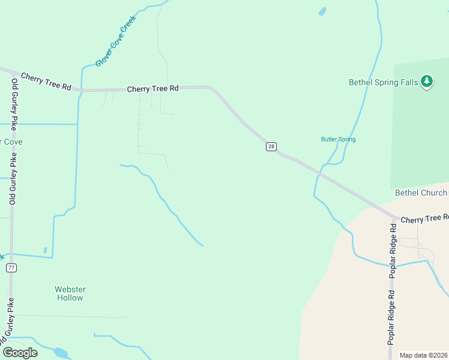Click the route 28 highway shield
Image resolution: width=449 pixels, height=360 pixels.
click(x=271, y=146)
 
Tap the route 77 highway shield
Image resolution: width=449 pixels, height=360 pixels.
click(x=11, y=268)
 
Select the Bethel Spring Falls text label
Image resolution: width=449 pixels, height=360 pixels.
click(x=384, y=82)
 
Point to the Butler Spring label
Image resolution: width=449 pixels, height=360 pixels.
click(x=338, y=139)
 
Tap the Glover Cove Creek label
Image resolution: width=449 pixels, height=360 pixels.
click(x=116, y=41)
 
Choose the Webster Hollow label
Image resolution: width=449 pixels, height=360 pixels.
click(x=70, y=293)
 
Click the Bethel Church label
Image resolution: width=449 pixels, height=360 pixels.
click(x=421, y=193)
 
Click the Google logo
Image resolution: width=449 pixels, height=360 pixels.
click(x=20, y=352)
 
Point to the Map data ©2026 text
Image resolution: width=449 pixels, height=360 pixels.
click(x=423, y=355)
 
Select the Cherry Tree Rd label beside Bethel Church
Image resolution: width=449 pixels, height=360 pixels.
click(x=424, y=219)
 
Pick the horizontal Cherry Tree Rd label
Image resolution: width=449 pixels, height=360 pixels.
click(x=153, y=88)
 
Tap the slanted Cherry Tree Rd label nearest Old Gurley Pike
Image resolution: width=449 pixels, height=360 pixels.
click(x=46, y=82)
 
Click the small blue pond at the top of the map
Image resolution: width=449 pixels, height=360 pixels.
click(x=322, y=11)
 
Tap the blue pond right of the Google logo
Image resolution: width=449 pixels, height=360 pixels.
click(x=60, y=352)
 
